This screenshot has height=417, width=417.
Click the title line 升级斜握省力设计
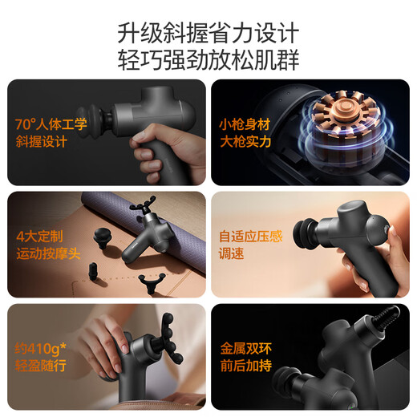click(208, 34)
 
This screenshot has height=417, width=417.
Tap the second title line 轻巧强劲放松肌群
click(208, 62)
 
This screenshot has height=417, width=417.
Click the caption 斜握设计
click(38, 144)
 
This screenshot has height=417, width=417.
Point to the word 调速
click(233, 256)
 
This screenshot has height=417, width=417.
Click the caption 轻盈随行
click(38, 368)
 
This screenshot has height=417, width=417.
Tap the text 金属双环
click(244, 350)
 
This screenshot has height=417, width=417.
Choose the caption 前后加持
click(244, 368)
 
